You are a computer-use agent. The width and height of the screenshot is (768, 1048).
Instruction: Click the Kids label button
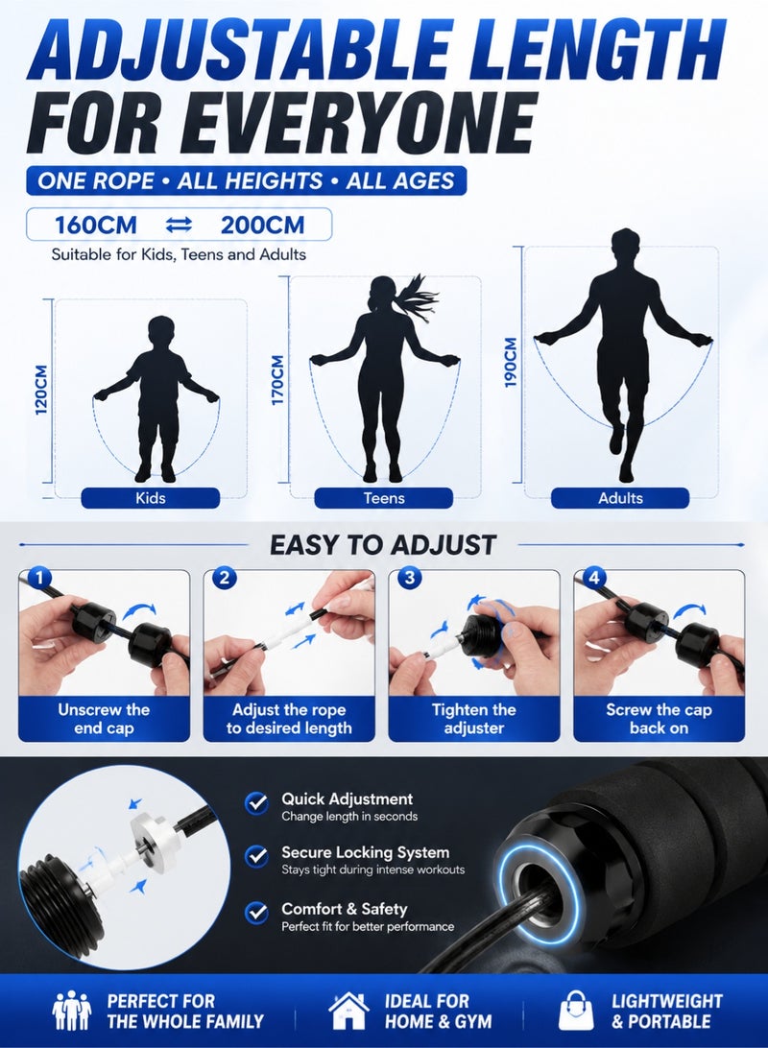coord(151,498)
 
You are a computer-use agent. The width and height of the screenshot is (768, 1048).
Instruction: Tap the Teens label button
coord(384,498)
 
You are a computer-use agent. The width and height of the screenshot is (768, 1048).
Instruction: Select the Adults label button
coord(620,498)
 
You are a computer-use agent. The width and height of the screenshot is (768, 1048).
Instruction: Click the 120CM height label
coord(41,390)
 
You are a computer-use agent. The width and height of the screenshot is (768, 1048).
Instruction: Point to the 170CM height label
coord(278,379)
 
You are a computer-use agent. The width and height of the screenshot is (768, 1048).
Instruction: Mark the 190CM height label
coord(512,362)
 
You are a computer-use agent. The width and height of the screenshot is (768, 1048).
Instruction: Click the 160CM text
coord(96,225)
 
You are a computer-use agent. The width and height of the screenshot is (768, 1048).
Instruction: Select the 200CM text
coord(263,225)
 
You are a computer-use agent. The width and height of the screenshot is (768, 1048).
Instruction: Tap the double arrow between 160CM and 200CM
coord(179,226)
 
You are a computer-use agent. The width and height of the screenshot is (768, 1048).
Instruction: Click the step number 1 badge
coord(40,578)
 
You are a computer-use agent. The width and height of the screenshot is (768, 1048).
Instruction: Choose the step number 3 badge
coord(410,578)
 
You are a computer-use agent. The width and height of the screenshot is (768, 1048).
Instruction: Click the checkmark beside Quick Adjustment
coord(256,802)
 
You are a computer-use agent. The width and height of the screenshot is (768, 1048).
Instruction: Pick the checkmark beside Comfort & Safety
coord(256,913)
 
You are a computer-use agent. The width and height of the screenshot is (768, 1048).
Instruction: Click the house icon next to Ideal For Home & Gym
coord(348,1010)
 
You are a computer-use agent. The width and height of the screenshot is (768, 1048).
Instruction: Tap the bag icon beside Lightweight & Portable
coord(576,1011)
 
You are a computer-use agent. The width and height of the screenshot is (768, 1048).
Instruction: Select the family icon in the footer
coord(71,1011)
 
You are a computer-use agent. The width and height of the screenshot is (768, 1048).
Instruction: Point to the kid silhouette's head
coord(161,332)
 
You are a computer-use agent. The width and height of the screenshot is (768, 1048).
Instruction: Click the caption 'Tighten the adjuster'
coord(474,719)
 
